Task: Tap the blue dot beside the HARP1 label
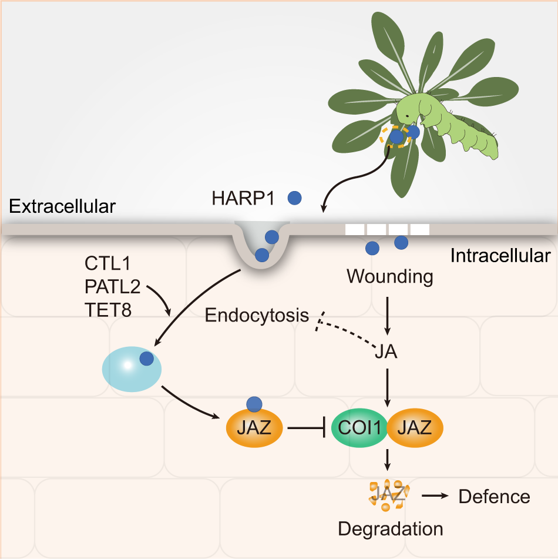(295, 198)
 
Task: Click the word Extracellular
(63, 206)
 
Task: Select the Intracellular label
(500, 256)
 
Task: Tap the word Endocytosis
(257, 316)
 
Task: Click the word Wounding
(390, 276)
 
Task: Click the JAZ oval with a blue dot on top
(255, 427)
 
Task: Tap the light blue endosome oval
(131, 368)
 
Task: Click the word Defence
(494, 497)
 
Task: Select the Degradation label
(390, 528)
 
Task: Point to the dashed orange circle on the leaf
(395, 137)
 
